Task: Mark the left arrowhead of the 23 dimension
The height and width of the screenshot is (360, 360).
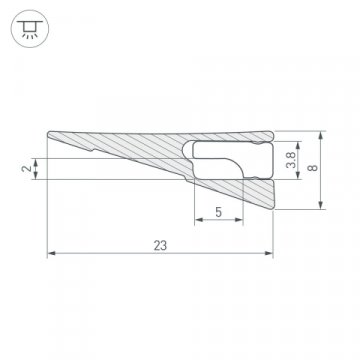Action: point(52,252)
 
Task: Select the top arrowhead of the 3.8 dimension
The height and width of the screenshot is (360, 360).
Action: point(296,141)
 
